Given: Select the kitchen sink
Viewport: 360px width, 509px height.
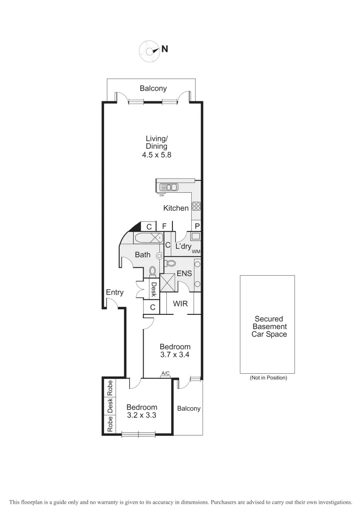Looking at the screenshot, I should [169, 187].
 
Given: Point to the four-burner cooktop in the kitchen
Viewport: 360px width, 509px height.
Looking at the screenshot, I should [196, 206].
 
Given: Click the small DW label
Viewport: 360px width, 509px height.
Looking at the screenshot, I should [162, 195].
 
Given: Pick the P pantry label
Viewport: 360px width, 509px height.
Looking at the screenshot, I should [197, 226].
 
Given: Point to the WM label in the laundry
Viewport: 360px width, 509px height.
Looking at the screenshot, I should [196, 252].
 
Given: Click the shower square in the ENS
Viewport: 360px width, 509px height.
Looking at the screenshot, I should [168, 283].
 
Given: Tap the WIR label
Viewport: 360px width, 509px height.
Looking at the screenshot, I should [180, 304].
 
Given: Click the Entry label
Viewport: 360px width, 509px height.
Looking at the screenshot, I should [115, 292].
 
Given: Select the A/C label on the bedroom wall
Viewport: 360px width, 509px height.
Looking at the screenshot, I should [165, 373].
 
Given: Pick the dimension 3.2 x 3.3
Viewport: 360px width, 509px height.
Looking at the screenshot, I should [141, 415].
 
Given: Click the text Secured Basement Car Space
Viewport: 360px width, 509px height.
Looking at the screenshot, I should [268, 327].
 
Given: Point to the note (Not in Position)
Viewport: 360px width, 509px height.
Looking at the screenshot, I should [268, 378].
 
